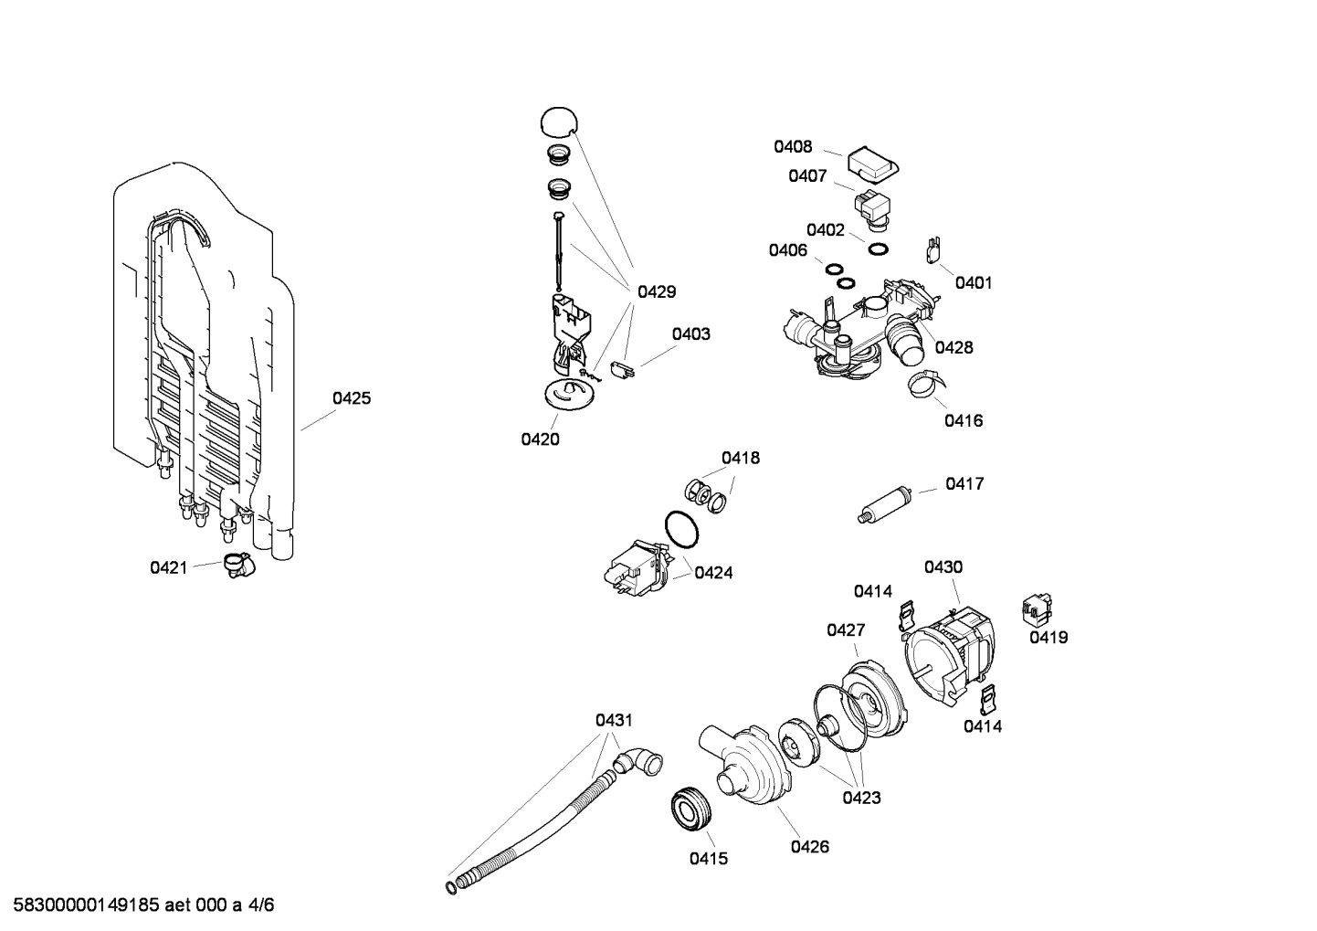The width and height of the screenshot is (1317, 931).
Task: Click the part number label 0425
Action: (352, 398)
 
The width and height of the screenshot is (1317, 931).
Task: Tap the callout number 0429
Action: (657, 292)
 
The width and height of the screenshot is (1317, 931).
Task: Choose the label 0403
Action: (691, 334)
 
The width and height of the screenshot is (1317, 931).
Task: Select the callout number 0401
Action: (974, 283)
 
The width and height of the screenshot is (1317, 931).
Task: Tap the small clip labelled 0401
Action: (933, 247)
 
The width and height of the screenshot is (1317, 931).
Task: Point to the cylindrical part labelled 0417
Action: (886, 504)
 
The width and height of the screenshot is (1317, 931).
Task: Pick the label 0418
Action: (741, 458)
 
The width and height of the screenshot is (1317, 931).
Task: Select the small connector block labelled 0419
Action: (1036, 607)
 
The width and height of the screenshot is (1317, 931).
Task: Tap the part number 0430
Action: (943, 567)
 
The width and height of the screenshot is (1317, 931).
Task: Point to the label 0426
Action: (809, 847)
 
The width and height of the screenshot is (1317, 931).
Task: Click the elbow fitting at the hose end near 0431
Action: (640, 760)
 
